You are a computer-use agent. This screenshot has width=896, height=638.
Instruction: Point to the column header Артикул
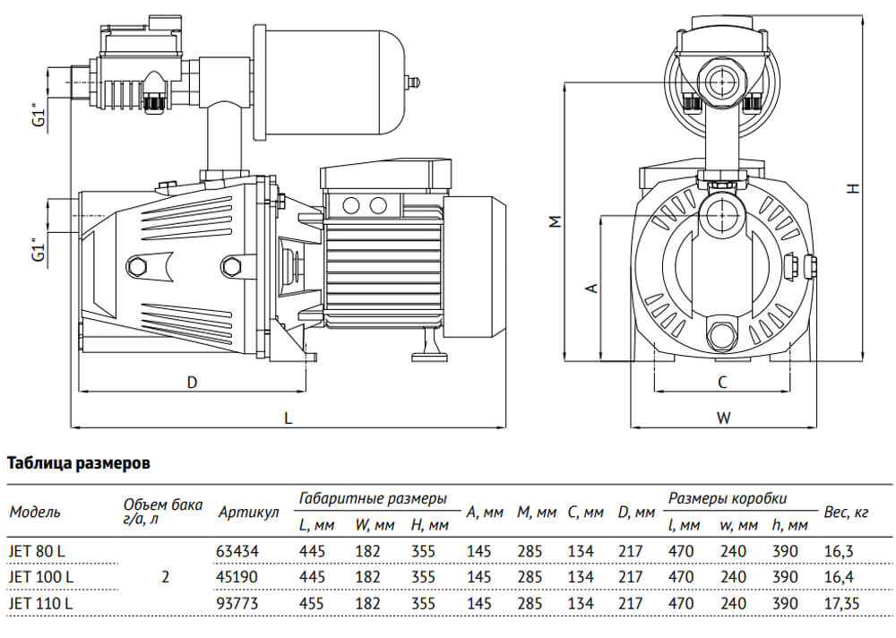[248, 513]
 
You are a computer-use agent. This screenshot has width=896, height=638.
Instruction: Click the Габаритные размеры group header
[373, 498]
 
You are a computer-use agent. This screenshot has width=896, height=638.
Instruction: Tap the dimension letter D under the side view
[192, 382]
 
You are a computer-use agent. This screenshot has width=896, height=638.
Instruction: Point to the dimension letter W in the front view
[724, 418]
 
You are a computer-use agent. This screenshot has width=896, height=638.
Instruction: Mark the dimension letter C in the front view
[722, 382]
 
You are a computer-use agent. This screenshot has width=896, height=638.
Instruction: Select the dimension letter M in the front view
[556, 221]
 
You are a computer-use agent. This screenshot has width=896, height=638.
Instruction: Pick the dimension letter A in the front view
[590, 288]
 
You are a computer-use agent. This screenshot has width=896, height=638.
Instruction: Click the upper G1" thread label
[37, 116]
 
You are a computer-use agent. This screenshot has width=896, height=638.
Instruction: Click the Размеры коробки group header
[727, 498]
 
